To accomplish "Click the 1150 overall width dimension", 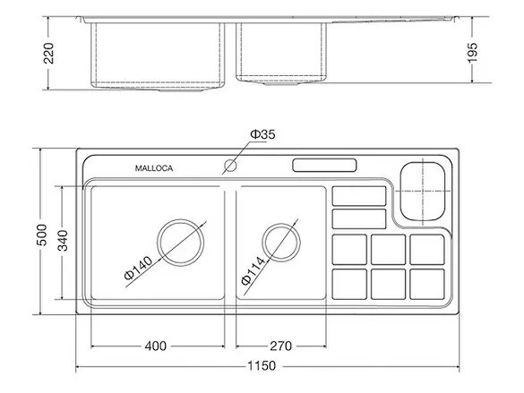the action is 262,365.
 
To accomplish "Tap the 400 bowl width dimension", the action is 156,346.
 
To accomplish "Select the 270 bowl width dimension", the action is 280,346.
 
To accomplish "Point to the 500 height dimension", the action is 42,235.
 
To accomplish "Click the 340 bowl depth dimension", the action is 63,241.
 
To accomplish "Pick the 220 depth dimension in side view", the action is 48,53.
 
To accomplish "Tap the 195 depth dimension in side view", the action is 472,53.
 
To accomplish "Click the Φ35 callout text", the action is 262,134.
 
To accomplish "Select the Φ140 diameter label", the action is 138,268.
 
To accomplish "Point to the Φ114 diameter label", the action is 253,270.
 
